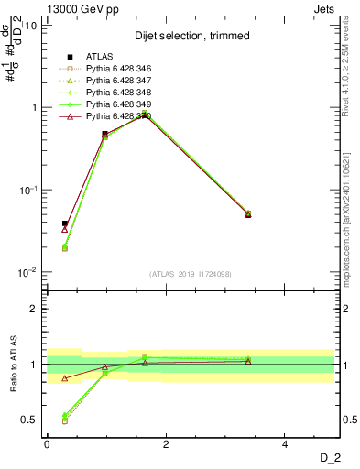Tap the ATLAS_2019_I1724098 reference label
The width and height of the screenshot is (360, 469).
191,273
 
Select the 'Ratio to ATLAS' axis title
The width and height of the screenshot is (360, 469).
14,365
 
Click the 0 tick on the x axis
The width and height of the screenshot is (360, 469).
47,444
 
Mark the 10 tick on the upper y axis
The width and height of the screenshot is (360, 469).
30,25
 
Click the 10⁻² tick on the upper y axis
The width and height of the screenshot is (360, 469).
27,272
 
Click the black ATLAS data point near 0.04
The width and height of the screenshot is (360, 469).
64,224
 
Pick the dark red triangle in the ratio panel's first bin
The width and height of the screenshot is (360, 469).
64,377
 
